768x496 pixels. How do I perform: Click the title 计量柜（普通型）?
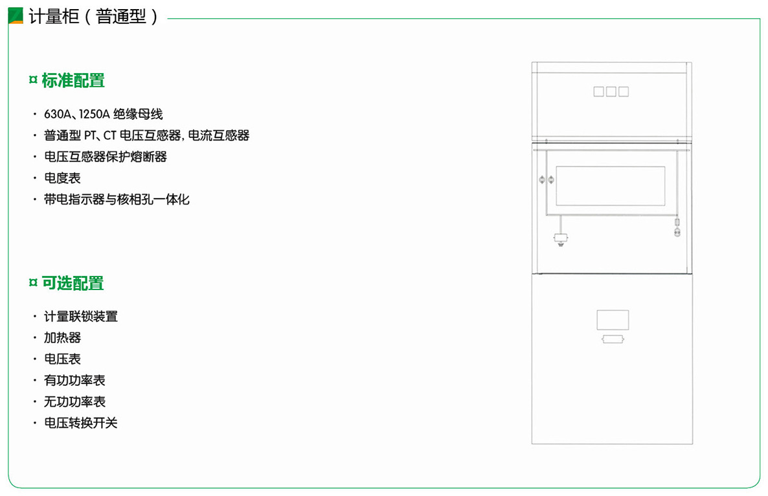tap(93, 17)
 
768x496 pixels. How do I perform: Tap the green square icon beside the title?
tap(16, 16)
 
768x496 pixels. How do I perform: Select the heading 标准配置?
tap(73, 80)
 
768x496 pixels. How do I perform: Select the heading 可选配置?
tap(73, 283)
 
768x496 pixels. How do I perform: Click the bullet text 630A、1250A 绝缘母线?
tap(104, 114)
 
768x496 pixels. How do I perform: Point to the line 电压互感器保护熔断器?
tap(106, 157)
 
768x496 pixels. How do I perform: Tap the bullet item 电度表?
tap(62, 177)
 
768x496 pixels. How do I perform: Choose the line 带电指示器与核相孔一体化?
tap(117, 199)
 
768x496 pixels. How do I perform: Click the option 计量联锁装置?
tap(81, 316)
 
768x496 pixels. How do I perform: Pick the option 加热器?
tap(62, 337)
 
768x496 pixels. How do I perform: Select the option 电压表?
tap(62, 359)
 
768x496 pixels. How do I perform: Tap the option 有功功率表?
tap(74, 380)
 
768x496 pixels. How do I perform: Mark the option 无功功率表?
tap(74, 401)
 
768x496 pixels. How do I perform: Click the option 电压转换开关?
tap(81, 423)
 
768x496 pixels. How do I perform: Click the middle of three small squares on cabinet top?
tap(611, 91)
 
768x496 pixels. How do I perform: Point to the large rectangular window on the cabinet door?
tap(610, 186)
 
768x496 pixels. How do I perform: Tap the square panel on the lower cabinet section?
tap(613, 321)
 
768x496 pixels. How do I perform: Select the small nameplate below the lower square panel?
tap(613, 339)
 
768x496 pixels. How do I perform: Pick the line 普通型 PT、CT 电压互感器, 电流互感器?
tap(146, 135)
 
